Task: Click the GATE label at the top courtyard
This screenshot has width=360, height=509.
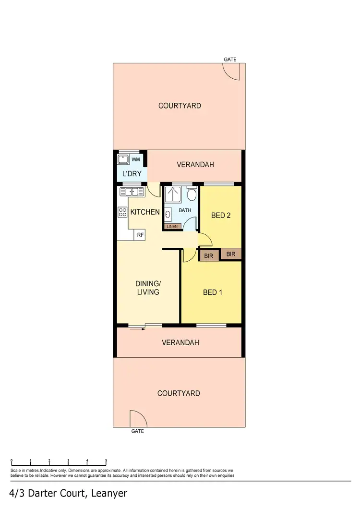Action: tap(230, 60)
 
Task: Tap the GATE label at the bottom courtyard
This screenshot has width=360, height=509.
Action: tap(137, 431)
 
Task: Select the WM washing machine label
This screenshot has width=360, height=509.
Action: tap(136, 159)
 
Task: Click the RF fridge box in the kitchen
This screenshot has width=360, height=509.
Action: tap(140, 235)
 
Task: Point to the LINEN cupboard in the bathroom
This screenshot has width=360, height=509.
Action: tap(172, 226)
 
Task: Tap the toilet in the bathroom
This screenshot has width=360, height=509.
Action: tap(192, 194)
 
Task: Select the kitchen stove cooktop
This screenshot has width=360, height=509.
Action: tap(122, 212)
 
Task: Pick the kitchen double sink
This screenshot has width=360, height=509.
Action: tap(132, 192)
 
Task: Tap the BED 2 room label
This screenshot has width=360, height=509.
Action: tap(221, 216)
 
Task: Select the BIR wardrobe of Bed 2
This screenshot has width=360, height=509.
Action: tap(231, 254)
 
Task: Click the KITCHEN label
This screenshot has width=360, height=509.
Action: tap(145, 212)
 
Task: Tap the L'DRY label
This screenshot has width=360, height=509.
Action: tap(131, 174)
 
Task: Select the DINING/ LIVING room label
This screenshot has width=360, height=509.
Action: tap(148, 288)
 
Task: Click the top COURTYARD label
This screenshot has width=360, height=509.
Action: tap(180, 106)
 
